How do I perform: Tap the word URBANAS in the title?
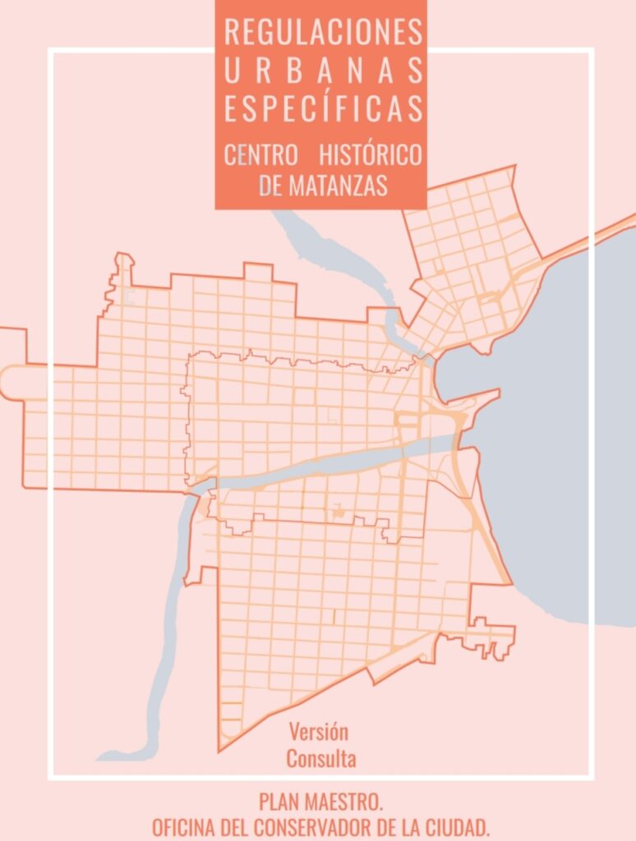pyautogui.click(x=323, y=71)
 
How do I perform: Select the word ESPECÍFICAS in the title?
pyautogui.click(x=323, y=109)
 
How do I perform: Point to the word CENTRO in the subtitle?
pyautogui.click(x=260, y=154)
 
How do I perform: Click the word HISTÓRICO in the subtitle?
pyautogui.click(x=371, y=154)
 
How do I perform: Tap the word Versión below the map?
pyautogui.click(x=319, y=732)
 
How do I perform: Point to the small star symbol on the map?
pyautogui.click(x=337, y=512)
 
